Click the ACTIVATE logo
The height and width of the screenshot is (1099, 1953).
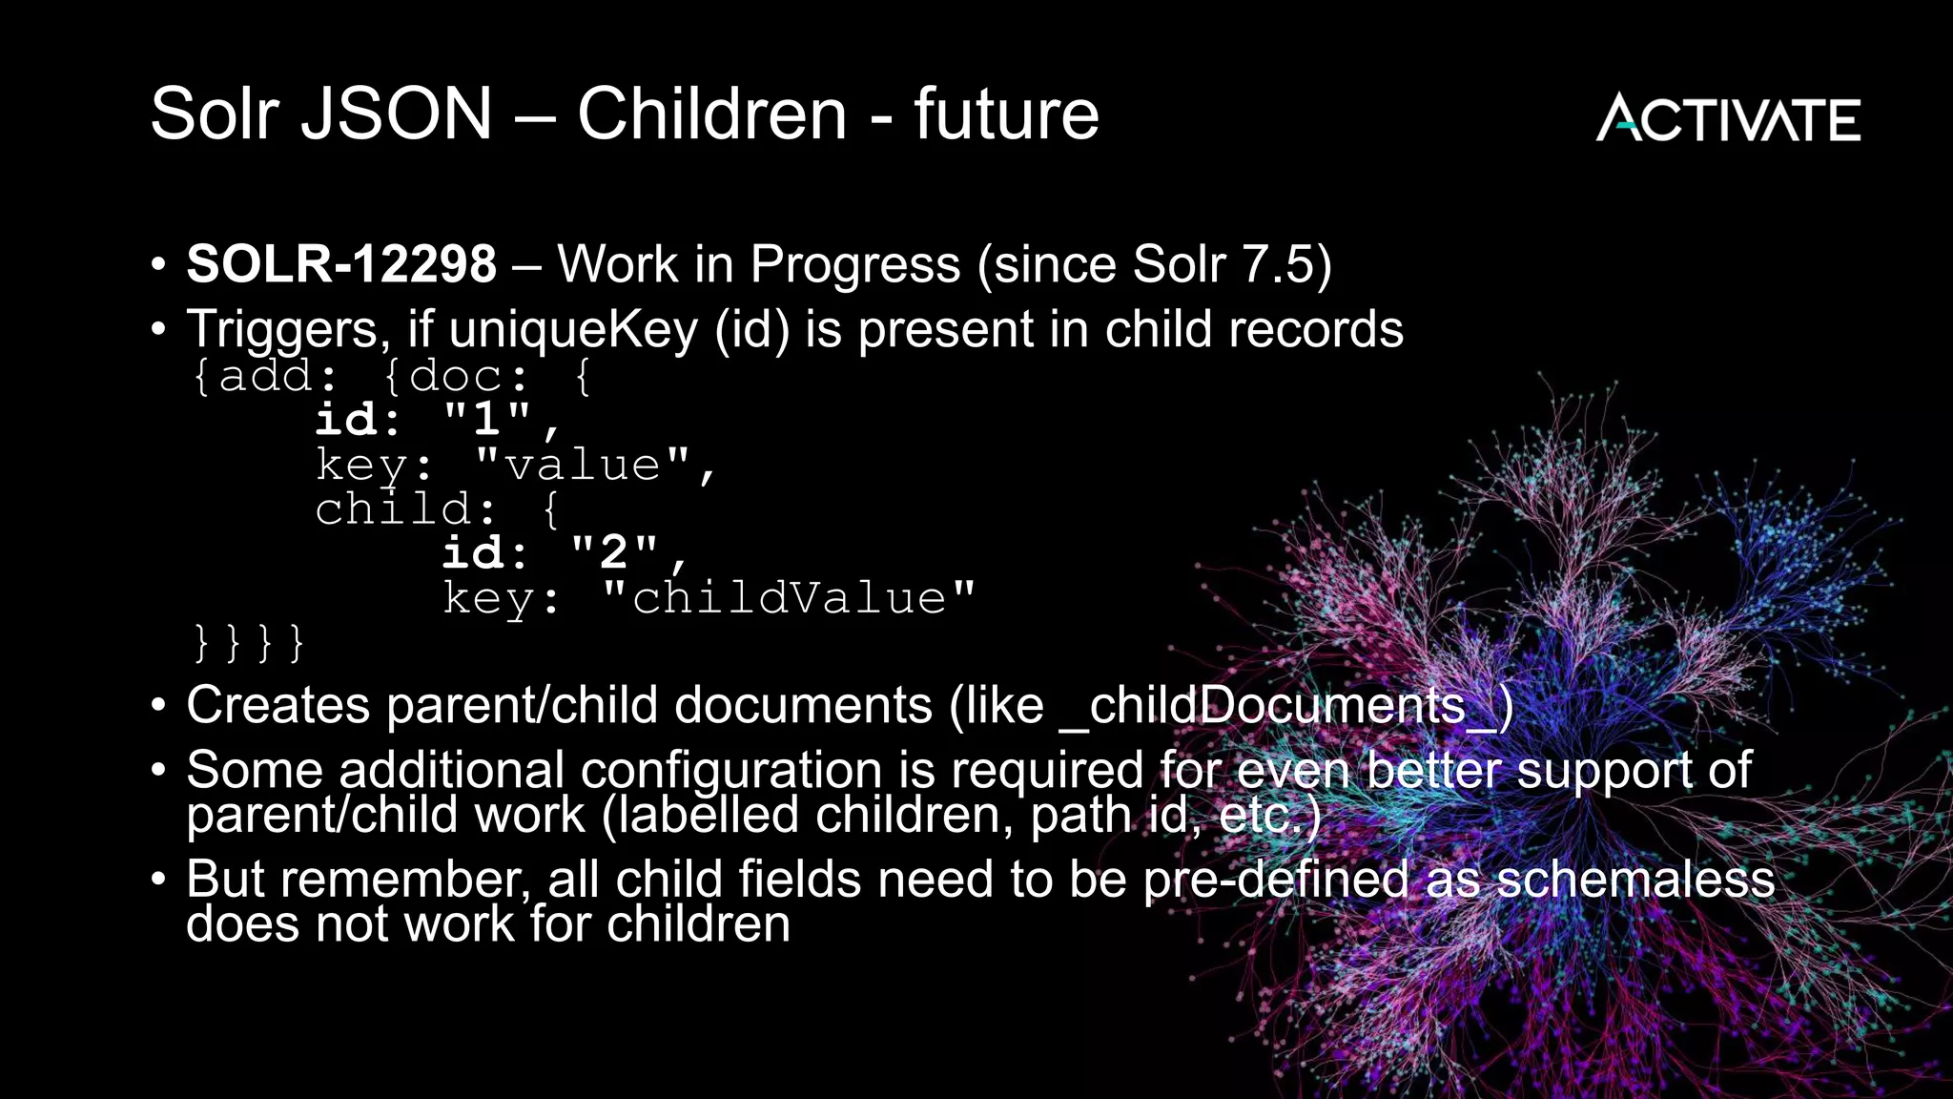coord(1727,118)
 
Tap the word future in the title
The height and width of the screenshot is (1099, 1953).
coord(1006,114)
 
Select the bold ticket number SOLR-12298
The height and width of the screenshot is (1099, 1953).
coord(341,264)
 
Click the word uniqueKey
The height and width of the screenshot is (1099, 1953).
coord(573,329)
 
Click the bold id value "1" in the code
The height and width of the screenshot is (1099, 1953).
coord(487,419)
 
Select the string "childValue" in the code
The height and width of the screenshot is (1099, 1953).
coord(790,598)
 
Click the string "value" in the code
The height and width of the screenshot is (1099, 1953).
coord(583,465)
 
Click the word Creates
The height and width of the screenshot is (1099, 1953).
coord(278,706)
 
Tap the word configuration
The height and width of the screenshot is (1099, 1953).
coord(730,770)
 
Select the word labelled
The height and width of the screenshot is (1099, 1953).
coord(710,816)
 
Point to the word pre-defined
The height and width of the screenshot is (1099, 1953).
coord(1275,880)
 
